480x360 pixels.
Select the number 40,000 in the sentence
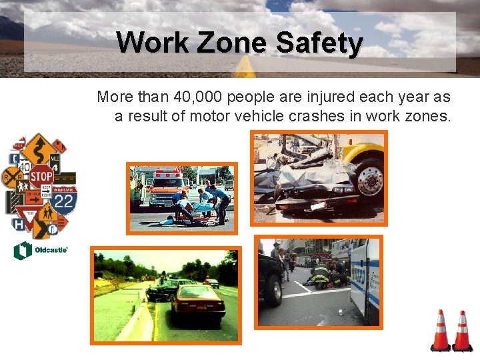(198, 97)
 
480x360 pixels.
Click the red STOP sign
(41, 177)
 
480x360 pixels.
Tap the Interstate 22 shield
(64, 200)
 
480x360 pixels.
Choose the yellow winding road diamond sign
(39, 146)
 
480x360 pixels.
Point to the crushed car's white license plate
(319, 206)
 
